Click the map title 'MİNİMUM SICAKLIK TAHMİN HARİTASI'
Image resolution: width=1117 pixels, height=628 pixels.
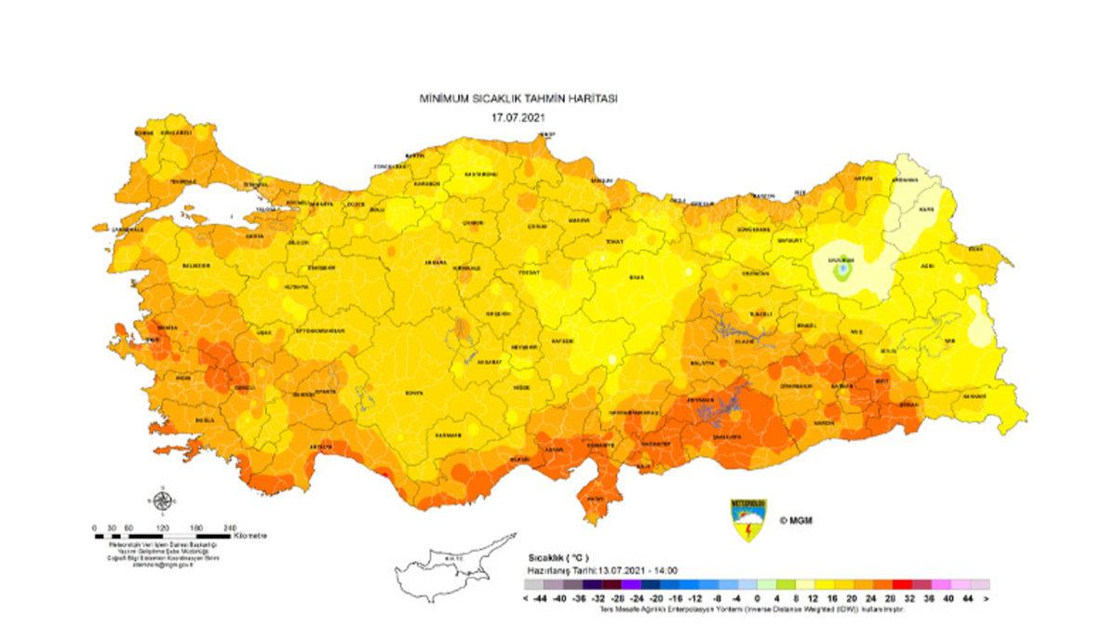[x=518, y=98]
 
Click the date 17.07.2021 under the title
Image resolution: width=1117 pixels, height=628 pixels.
[x=518, y=118]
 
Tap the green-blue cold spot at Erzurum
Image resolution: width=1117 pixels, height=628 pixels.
[x=842, y=271]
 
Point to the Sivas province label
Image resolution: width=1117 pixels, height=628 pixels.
[x=637, y=276]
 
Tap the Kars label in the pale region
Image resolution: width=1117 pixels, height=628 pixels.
[x=926, y=210]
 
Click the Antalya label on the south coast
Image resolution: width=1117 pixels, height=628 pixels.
[x=321, y=446]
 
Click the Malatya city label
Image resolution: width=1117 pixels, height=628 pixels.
[x=703, y=362]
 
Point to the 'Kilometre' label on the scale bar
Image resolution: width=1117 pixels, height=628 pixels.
[x=250, y=536]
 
